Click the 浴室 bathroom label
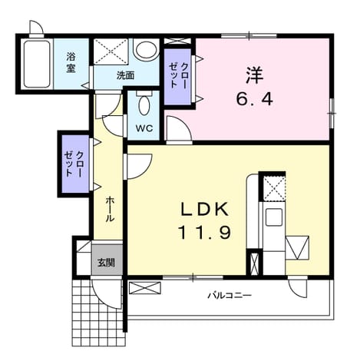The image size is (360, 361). coord(71,62)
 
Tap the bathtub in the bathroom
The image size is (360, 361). coord(37,64)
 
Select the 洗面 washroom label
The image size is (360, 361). coord(125,75)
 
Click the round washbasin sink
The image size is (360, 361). coord(146,49)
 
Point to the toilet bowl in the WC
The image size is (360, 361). coord(144,104)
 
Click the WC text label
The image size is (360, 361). coord(144,128)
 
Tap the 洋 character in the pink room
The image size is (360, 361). coord(254,75)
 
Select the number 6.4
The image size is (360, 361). coord(254,99)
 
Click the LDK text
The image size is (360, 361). coord(204,210)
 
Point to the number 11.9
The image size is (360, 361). coord(205,233)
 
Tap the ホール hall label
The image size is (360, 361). coord(110,209)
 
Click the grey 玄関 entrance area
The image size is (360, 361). coord(107,260)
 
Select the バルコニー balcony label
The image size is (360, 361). coord(230,296)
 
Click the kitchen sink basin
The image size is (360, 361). coord(274,217)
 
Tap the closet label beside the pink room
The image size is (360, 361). coord(178,75)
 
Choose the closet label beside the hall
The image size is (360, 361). coord(74,164)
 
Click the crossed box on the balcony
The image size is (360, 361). coord(145,288)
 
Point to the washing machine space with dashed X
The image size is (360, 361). coord(111,51)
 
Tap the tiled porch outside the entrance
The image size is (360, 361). coord(98,313)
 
